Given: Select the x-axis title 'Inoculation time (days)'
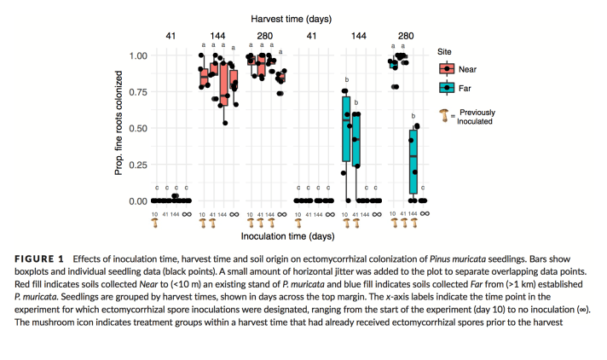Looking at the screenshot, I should click(289, 235).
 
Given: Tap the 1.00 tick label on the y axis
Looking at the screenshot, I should click(138, 56).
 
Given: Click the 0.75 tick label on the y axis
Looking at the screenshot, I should click(138, 92).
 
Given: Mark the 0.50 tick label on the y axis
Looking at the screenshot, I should click(138, 129).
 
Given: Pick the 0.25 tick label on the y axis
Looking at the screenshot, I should click(138, 165).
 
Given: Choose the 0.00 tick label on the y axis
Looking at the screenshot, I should click(138, 202).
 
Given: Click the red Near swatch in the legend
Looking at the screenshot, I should click(447, 70).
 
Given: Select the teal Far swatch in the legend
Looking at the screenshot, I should click(447, 87).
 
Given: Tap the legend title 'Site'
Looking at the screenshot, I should click(445, 51).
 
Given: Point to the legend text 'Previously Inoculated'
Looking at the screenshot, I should click(477, 117).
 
